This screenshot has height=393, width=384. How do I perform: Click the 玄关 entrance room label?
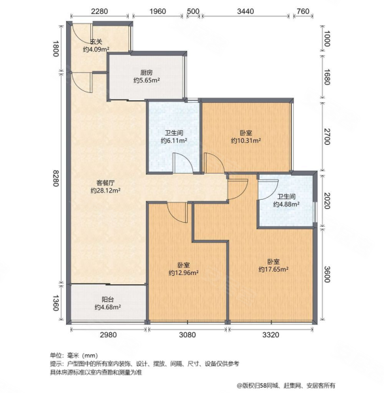pos(96,41)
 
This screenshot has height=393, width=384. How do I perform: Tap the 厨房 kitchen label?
pos(147,73)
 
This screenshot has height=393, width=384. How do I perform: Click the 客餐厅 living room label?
pos(105,183)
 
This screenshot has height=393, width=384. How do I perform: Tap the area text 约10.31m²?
pos(246,140)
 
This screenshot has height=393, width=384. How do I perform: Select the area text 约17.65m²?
pos(273,269)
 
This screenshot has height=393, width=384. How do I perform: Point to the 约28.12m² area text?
pos(105,191)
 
